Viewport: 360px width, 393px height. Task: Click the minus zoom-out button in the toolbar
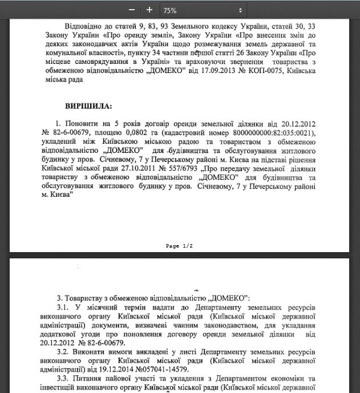click(x=132, y=10)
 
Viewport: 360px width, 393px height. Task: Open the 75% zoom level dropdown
click(x=202, y=10)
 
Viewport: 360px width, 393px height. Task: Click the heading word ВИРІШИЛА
click(x=89, y=106)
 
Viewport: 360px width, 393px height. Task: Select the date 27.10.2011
click(x=140, y=168)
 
